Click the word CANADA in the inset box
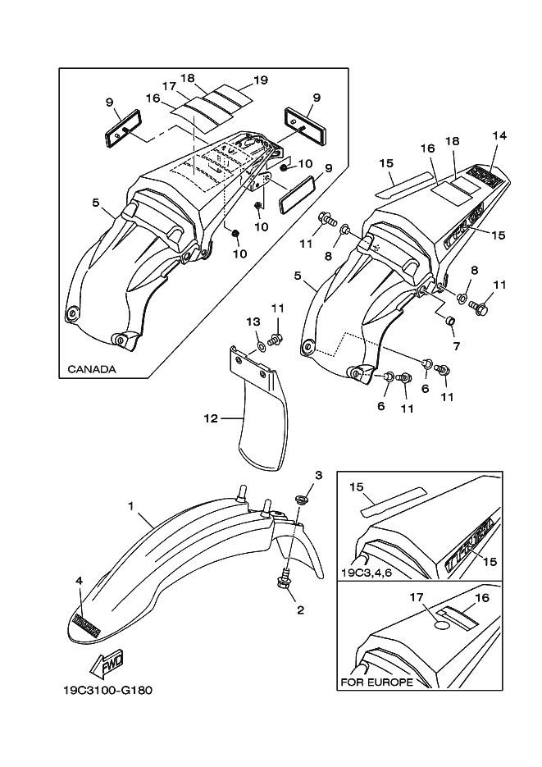click(91, 369)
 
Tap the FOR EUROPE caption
click(376, 683)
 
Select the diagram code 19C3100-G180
click(106, 689)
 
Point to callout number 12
click(212, 418)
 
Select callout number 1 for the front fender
click(130, 507)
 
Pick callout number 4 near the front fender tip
click(80, 581)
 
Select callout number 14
click(499, 135)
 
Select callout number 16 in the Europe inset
click(481, 598)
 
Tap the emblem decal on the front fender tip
click(87, 625)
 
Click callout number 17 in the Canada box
click(169, 85)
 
